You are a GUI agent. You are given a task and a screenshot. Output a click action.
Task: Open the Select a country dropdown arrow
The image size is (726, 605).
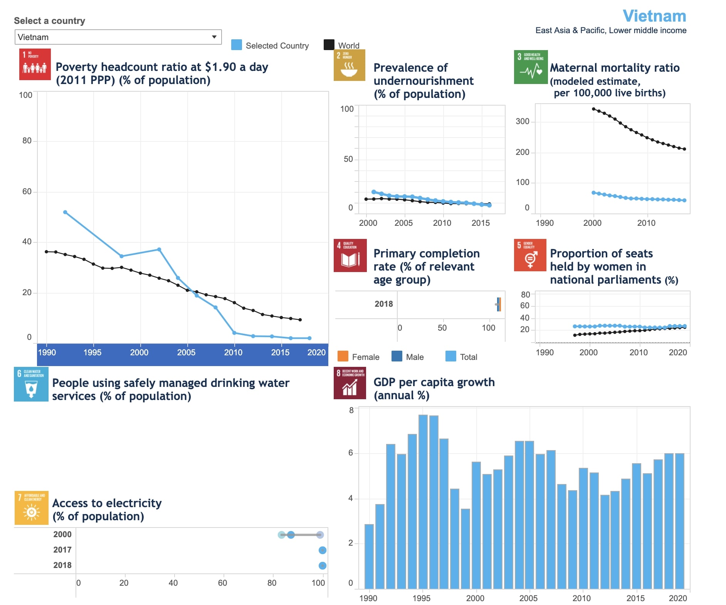click(214, 37)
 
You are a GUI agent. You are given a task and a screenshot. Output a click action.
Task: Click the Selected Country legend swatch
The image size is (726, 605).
click(236, 45)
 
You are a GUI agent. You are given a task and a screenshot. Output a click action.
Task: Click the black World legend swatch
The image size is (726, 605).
click(329, 45)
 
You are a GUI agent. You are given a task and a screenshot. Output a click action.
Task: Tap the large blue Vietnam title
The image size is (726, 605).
click(654, 16)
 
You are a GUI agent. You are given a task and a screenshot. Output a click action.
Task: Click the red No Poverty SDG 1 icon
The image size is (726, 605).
click(35, 64)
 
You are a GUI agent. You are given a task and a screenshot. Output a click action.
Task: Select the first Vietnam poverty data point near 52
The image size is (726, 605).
click(65, 212)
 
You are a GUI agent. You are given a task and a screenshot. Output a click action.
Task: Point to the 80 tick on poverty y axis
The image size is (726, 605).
click(27, 141)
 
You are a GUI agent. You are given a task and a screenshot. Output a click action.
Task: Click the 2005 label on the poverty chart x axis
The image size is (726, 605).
click(186, 352)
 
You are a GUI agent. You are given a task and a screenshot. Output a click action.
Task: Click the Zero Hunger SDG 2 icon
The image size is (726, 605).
click(349, 65)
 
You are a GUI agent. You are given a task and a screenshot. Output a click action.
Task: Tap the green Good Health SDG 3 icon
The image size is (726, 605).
click(530, 67)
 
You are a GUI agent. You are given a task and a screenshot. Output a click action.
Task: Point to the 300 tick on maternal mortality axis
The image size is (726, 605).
click(522, 121)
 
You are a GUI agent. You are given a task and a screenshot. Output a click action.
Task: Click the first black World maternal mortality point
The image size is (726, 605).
click(593, 109)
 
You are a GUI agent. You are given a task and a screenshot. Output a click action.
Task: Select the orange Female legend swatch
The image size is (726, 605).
click(343, 356)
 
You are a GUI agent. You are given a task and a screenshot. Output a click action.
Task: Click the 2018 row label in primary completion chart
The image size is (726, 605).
click(383, 304)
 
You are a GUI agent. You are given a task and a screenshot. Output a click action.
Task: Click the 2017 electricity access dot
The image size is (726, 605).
click(323, 550)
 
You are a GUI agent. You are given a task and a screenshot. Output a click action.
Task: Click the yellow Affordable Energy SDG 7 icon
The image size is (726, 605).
click(31, 508)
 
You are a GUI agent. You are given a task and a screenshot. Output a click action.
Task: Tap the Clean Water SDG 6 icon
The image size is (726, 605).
click(31, 384)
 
